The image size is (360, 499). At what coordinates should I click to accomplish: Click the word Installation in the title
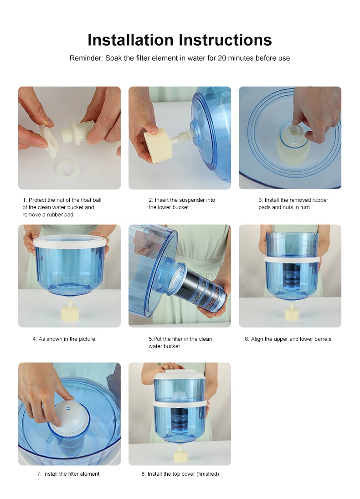click(131, 40)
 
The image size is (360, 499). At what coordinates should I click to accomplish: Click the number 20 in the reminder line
click(222, 58)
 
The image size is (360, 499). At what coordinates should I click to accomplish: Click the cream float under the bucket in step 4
click(69, 313)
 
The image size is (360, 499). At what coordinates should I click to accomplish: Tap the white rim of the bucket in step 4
click(69, 242)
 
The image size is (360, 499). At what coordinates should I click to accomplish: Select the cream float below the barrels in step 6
click(292, 314)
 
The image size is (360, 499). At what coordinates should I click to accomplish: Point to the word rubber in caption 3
click(320, 200)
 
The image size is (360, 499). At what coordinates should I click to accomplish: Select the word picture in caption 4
click(86, 339)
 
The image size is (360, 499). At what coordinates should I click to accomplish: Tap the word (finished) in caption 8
click(207, 474)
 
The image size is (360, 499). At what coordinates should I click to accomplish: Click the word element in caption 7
click(89, 474)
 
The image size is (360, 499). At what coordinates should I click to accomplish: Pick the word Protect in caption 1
click(37, 200)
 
